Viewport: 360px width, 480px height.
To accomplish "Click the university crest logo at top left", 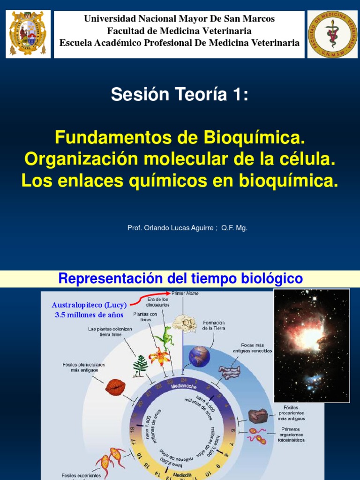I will [x=28, y=34].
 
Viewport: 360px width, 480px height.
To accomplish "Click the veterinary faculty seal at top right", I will [x=332, y=34].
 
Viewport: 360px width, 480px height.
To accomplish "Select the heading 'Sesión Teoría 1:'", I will [x=180, y=95].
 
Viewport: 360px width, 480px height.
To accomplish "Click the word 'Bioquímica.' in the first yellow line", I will [x=254, y=137].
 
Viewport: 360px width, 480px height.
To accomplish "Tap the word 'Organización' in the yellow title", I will [x=82, y=159].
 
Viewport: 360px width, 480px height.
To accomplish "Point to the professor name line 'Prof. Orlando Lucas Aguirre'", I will [x=171, y=228].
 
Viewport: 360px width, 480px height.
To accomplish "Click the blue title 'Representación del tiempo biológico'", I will [x=180, y=279].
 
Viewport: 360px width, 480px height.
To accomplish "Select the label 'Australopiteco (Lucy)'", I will [x=89, y=305].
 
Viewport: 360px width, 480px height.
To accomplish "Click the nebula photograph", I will [x=311, y=345].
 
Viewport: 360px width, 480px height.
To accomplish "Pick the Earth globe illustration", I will [x=199, y=356].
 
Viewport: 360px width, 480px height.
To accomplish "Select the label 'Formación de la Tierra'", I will [x=214, y=325].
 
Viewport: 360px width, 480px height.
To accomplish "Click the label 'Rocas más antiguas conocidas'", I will [x=253, y=348].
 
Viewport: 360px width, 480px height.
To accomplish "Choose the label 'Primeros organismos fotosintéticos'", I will [x=293, y=435].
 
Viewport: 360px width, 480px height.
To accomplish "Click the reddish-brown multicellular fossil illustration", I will [x=115, y=387].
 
